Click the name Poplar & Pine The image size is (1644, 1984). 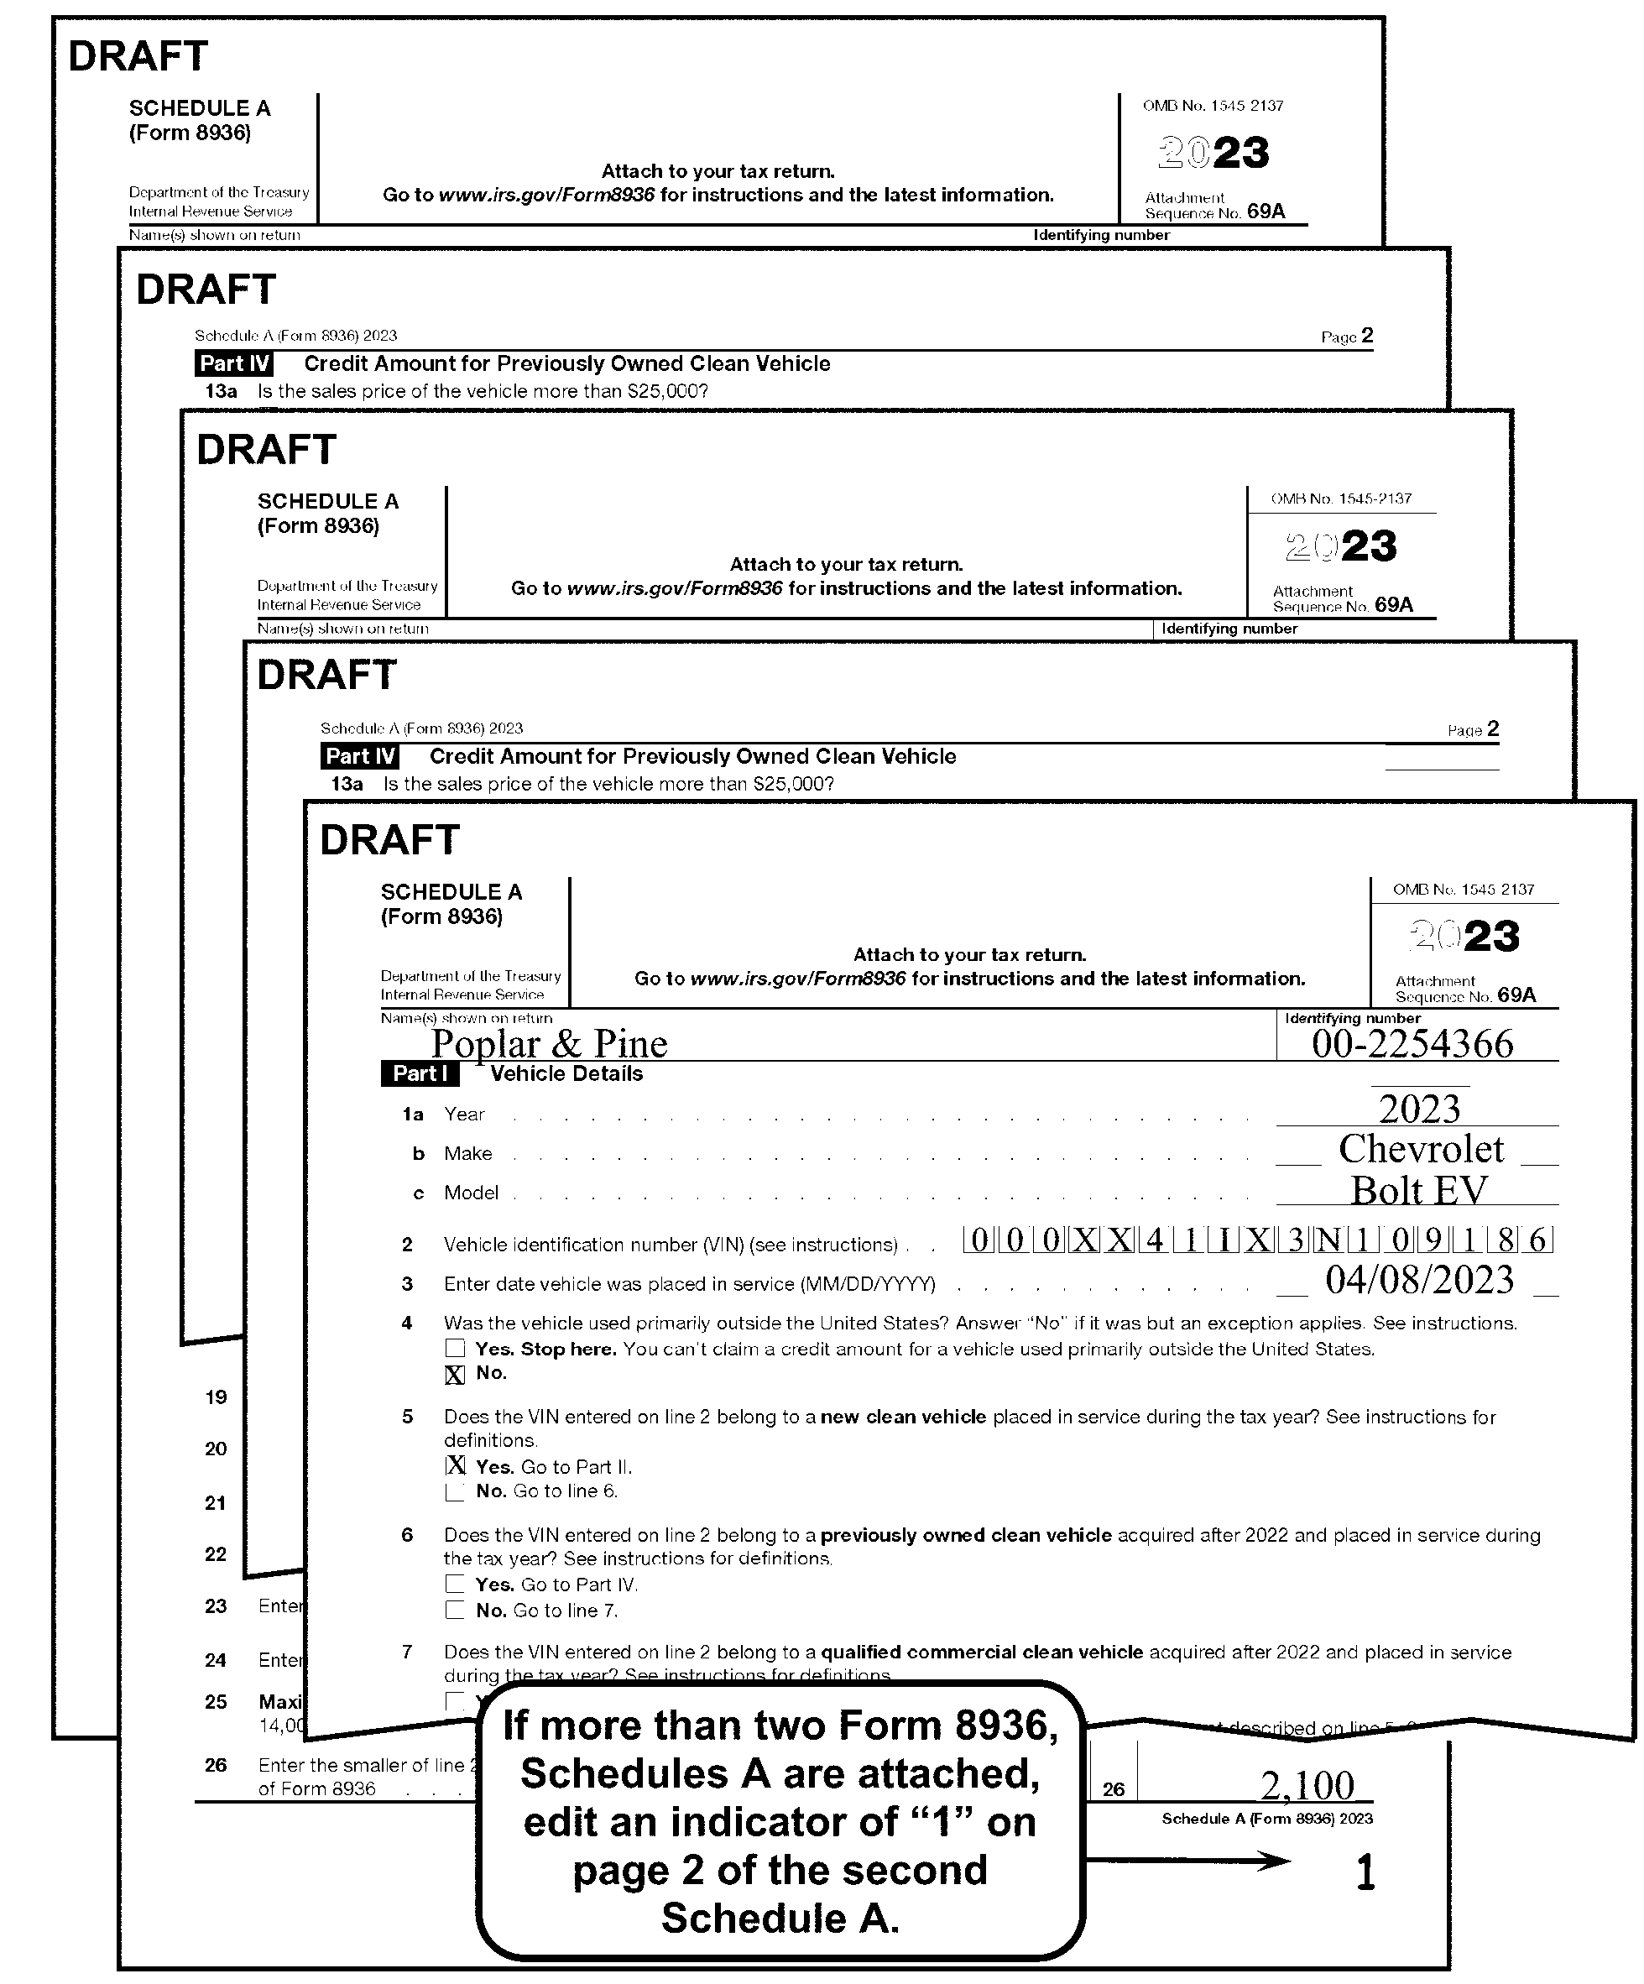coord(549,1043)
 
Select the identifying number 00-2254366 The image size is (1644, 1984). coord(1412,1043)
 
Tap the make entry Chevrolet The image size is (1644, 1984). coord(1420,1149)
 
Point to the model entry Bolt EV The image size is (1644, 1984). coord(1418,1190)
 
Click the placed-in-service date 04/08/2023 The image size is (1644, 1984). coord(1419,1280)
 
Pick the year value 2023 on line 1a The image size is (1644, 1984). coord(1419,1108)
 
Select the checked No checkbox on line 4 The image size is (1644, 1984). coord(455,1375)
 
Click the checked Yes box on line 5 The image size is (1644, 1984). coord(456,1465)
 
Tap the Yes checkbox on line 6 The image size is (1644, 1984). coord(455,1585)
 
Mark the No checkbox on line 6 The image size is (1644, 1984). coord(455,1610)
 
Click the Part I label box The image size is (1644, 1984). coord(420,1073)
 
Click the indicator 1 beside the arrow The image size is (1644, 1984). coord(1365,1872)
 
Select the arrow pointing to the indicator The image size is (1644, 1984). coord(1188,1861)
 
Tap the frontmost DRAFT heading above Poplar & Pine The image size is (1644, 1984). coord(389,840)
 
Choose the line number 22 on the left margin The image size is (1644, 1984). coord(216,1554)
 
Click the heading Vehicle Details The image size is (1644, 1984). coord(566,1073)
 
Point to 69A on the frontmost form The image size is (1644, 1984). coord(1516,995)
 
